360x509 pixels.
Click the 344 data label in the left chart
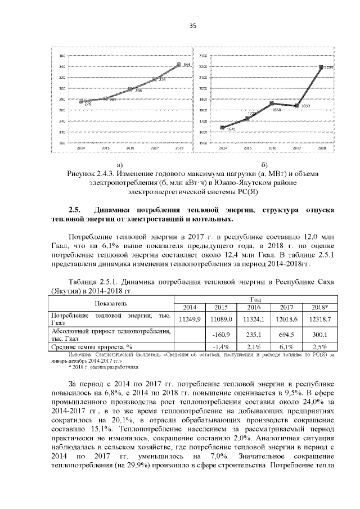[187, 65]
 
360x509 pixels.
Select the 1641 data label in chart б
[231, 130]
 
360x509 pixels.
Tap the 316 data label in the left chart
[162, 79]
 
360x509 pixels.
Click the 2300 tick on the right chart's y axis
[204, 56]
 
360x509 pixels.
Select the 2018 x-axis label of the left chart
[179, 148]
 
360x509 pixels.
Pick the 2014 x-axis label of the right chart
[223, 148]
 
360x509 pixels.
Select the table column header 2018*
[319, 307]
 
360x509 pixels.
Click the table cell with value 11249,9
[189, 319]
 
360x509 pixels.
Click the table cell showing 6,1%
[286, 347]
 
